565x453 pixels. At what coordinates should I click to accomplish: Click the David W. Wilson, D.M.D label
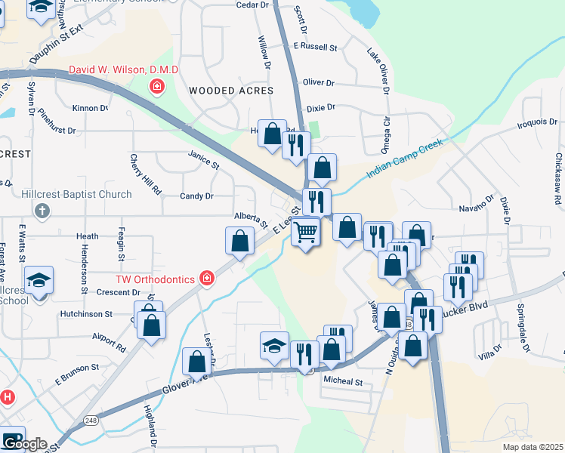point(123,71)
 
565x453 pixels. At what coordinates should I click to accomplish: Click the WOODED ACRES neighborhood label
point(230,91)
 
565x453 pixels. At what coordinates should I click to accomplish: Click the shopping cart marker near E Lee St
point(306,231)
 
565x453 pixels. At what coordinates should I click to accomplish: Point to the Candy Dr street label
point(196,196)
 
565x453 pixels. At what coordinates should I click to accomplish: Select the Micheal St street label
point(342,382)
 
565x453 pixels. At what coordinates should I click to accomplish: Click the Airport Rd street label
point(110,342)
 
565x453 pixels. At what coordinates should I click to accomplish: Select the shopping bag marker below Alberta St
point(239,242)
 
